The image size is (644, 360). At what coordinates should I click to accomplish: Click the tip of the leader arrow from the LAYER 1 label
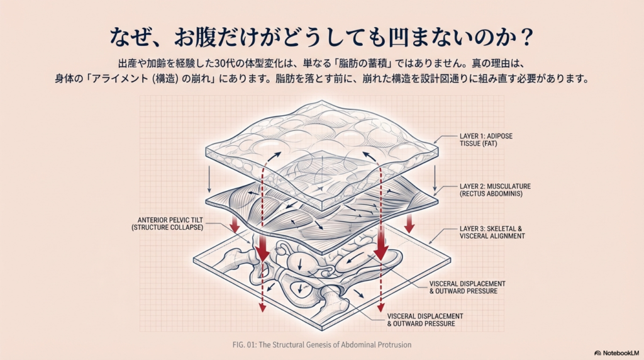pos(434,143)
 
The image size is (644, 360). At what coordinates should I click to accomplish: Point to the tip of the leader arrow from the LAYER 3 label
pos(429,244)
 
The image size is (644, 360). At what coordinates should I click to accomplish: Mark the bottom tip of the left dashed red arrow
pos(262,311)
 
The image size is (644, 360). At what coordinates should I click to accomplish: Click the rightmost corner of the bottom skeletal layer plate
pos(450,259)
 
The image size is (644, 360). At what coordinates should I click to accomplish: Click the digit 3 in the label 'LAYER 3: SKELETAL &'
pos(480,229)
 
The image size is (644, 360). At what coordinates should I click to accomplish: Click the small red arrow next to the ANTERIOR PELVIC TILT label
pos(235,225)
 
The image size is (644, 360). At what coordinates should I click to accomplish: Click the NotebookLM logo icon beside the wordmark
pos(597,353)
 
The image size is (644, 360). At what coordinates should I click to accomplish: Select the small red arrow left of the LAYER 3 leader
pos(409,224)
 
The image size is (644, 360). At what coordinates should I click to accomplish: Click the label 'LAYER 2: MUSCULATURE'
pos(495,186)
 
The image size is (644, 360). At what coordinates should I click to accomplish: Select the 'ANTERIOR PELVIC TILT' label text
pos(170,220)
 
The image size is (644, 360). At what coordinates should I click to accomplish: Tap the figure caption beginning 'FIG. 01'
pos(321,345)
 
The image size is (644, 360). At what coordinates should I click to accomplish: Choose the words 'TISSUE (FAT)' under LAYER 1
pos(478,144)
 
